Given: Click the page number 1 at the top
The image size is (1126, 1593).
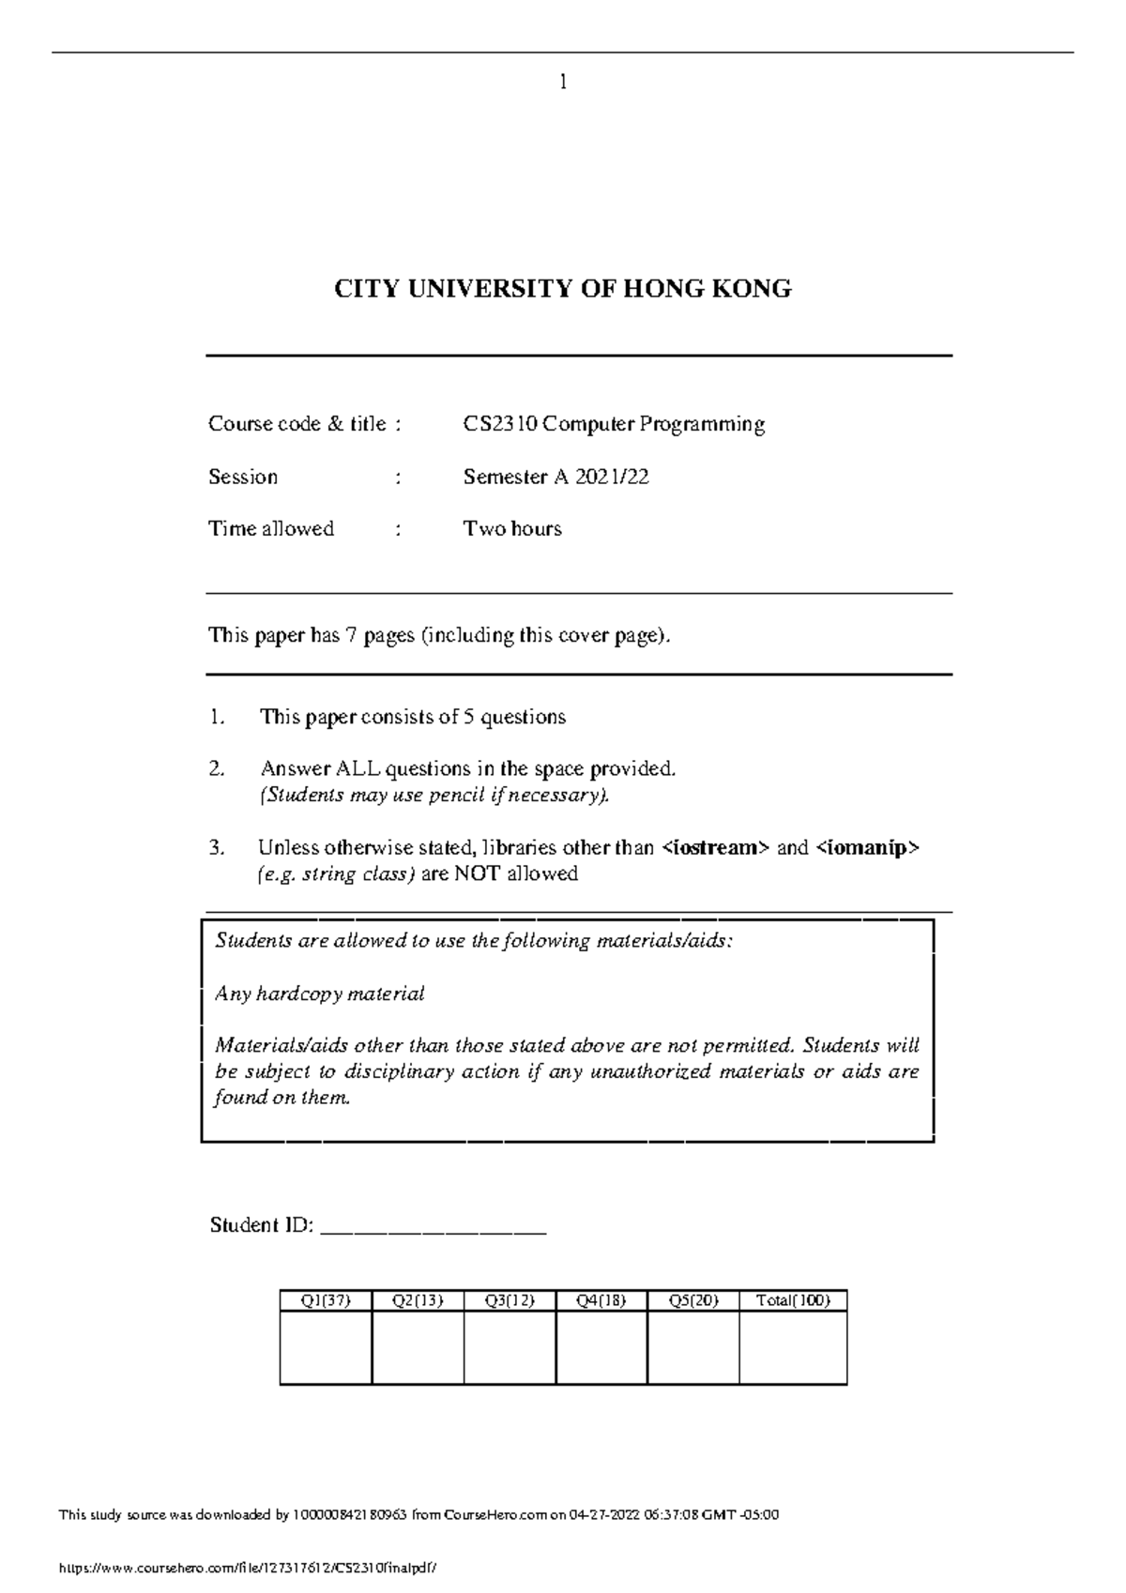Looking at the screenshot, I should [563, 83].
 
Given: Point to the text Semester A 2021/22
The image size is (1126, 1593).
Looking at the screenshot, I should [555, 478].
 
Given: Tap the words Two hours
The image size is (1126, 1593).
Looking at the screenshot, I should [512, 529].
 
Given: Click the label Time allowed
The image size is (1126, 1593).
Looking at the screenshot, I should [271, 529].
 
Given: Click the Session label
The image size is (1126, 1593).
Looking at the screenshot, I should [243, 478].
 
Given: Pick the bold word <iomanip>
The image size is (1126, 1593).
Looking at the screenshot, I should [868, 848].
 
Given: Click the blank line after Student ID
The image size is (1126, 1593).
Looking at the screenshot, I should [434, 1227].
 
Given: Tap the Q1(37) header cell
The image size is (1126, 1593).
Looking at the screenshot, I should [326, 1301].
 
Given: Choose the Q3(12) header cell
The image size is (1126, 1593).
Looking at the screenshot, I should [510, 1301].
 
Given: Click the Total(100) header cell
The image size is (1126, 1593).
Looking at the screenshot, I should [793, 1301].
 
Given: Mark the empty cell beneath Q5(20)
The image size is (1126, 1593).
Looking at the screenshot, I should [693, 1347].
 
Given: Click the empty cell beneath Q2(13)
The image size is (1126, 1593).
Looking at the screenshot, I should [418, 1347].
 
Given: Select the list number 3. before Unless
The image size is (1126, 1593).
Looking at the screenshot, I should [217, 848].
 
